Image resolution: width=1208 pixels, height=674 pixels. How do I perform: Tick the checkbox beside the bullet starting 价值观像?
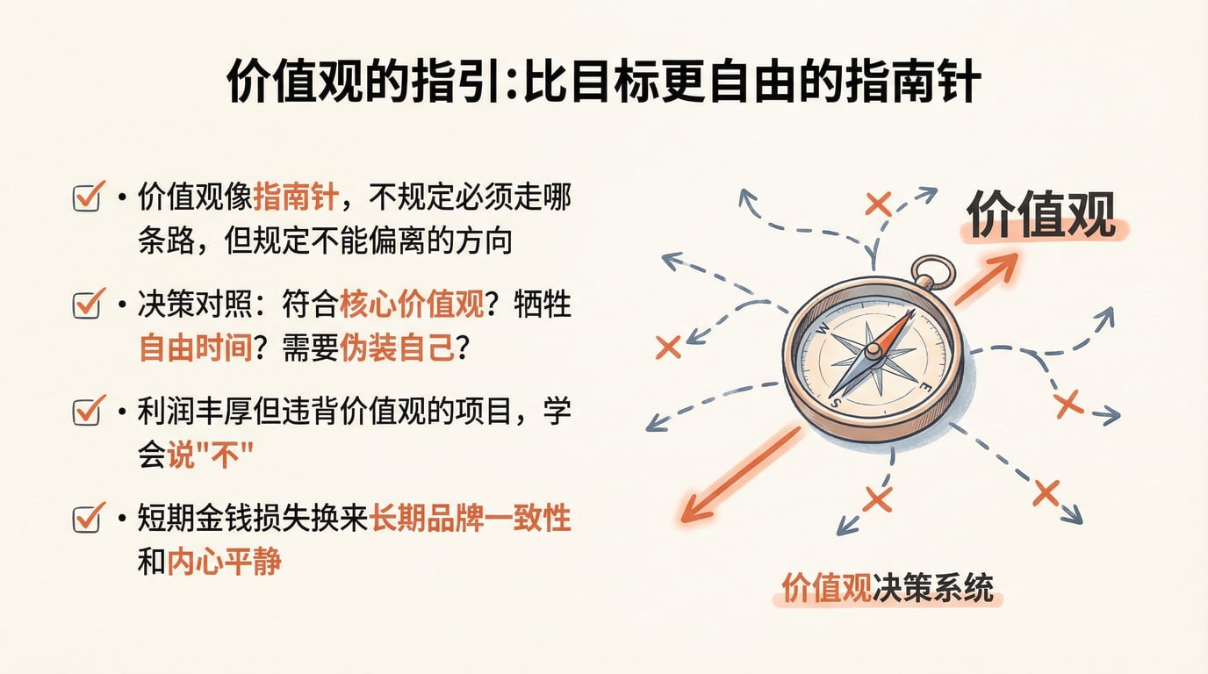86,198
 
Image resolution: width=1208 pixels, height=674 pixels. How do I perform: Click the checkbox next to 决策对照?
86,305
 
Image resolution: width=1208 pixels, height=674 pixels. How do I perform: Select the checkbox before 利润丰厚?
86,412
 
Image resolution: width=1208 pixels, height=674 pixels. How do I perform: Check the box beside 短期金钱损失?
86,519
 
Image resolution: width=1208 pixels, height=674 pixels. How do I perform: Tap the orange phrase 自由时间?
195,348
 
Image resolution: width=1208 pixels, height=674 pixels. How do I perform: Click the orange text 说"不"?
210,455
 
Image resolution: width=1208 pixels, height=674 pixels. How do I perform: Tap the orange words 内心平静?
224,562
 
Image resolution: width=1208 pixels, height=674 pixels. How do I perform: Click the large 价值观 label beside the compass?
1041,214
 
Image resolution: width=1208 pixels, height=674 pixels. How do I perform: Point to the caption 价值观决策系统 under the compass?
888,588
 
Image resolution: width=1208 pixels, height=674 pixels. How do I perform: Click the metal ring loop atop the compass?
932,272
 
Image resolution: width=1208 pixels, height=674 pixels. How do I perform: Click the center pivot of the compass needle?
873,352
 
